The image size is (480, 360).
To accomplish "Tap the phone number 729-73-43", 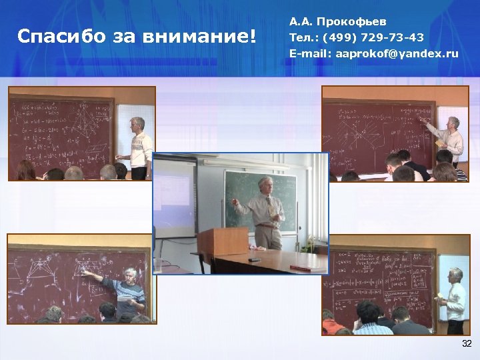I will coord(396,37).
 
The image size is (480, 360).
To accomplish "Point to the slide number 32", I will coord(467,343).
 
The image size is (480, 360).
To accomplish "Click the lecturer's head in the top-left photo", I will coord(137,124).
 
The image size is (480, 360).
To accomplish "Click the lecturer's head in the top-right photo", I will coord(453,123).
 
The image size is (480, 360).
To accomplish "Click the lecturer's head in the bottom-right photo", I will coord(455,275).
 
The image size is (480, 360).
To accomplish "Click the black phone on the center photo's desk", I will coord(254,259).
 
